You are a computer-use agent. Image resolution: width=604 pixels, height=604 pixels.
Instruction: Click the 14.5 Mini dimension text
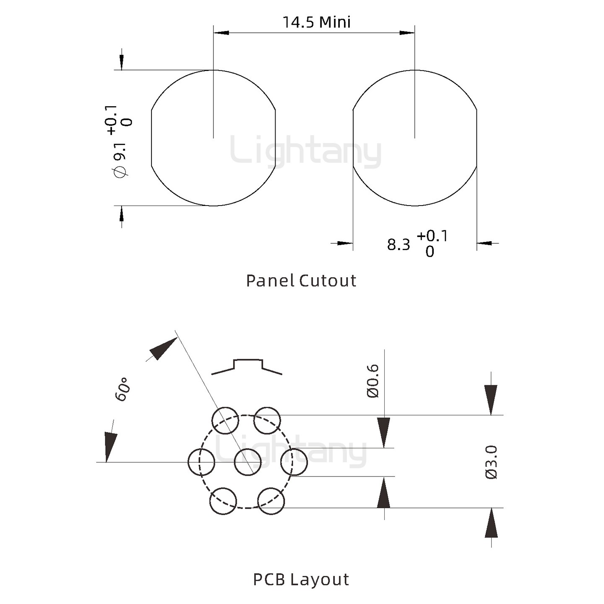316,22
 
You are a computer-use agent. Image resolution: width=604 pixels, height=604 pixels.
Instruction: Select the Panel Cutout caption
301,281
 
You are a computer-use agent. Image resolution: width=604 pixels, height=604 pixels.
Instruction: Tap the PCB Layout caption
301,579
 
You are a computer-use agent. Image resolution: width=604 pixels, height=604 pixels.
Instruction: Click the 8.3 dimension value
398,245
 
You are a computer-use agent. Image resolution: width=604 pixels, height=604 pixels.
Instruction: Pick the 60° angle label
122,389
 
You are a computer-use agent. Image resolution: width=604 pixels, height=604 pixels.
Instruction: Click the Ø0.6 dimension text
373,381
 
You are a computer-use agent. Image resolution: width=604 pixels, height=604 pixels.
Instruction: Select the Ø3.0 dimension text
491,462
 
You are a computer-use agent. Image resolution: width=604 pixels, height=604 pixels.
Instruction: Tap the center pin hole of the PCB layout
247,462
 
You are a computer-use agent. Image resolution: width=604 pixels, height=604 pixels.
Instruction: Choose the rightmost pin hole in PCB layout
294,462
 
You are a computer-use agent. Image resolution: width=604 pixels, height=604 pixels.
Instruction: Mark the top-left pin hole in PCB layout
225,420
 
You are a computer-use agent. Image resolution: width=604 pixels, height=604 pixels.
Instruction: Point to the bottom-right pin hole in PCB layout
271,501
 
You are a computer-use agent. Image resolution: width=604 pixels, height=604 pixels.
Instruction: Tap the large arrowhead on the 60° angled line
163,348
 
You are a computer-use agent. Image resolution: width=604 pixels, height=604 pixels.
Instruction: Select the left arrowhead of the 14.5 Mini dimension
221,32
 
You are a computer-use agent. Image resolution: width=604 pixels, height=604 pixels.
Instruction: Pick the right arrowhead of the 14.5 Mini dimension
407,32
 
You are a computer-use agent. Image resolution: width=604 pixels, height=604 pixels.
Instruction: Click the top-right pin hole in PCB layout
268,420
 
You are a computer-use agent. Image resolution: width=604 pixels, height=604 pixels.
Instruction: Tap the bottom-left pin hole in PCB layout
223,501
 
